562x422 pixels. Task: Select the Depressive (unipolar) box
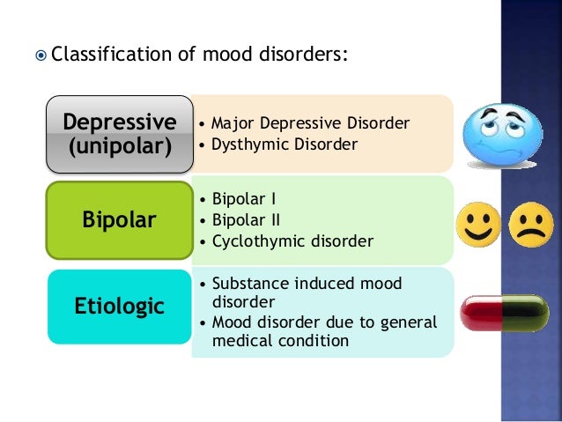(x=120, y=133)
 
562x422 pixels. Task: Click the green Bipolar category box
(x=119, y=218)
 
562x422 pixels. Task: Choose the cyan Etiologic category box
(x=119, y=307)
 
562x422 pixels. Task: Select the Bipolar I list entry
(x=244, y=197)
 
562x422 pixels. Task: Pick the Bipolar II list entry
(x=246, y=218)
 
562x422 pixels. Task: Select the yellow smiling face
(x=477, y=226)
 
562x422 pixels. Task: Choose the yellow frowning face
(x=528, y=226)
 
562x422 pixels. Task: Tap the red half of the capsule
(x=479, y=312)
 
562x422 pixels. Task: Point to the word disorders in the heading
(x=305, y=56)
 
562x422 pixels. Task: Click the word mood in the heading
(x=225, y=56)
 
